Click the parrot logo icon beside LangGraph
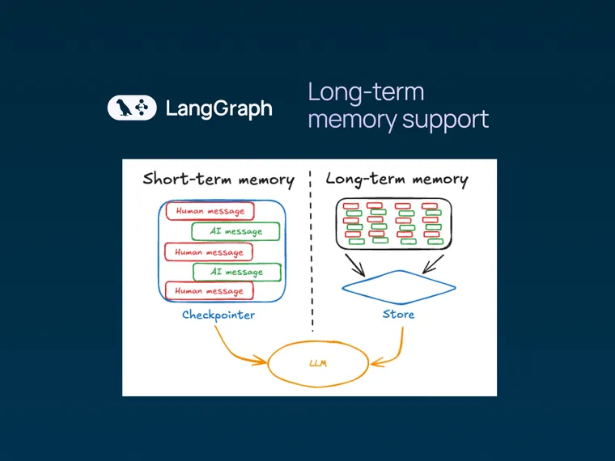[132, 108]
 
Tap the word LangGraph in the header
[218, 108]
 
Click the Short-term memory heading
[218, 179]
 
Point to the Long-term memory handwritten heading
[397, 179]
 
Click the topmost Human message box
[210, 212]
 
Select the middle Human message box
[210, 252]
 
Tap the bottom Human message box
[210, 291]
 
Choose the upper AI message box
[235, 232]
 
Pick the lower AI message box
[235, 272]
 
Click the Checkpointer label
[218, 315]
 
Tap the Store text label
[397, 314]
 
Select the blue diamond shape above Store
[397, 286]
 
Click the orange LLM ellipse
[316, 363]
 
